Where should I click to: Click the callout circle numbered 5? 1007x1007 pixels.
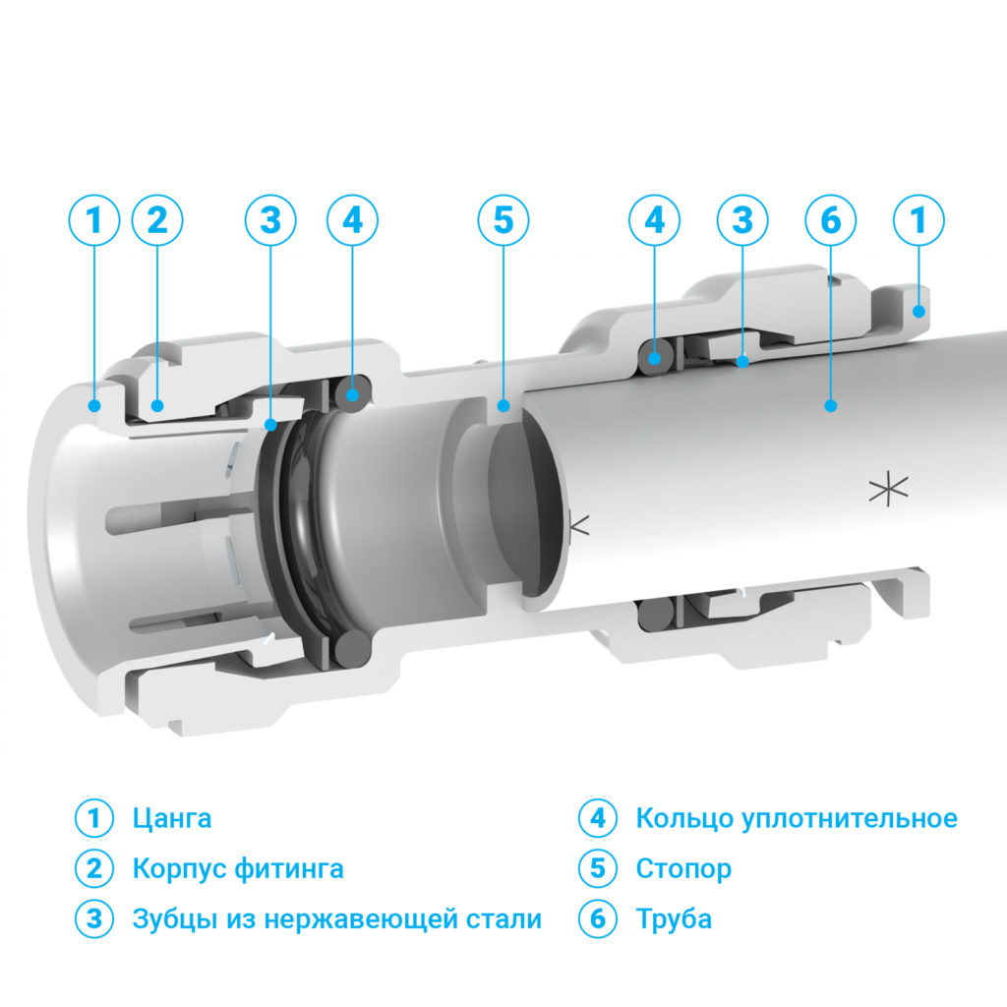point(503,220)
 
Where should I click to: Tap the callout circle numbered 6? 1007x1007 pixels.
point(830,220)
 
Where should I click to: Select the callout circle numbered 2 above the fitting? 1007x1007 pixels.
point(157,220)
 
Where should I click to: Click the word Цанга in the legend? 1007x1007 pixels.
point(172,819)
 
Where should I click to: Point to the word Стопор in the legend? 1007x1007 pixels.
point(683,869)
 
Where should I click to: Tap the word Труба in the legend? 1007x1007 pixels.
point(674,919)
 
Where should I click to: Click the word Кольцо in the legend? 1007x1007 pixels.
point(684,819)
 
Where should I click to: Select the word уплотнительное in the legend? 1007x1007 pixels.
point(850,819)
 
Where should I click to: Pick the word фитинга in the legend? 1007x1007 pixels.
point(289,869)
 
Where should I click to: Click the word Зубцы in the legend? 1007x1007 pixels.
point(175,919)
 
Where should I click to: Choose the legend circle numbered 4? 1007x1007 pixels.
point(598,818)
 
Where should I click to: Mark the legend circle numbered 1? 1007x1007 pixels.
point(94,818)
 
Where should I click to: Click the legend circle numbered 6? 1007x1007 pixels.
point(598,918)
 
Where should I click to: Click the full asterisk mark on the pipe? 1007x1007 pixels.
point(889,489)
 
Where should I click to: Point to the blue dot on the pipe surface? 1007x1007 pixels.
point(830,406)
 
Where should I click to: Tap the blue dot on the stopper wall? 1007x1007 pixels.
point(503,406)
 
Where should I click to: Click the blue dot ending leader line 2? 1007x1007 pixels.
point(157,406)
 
